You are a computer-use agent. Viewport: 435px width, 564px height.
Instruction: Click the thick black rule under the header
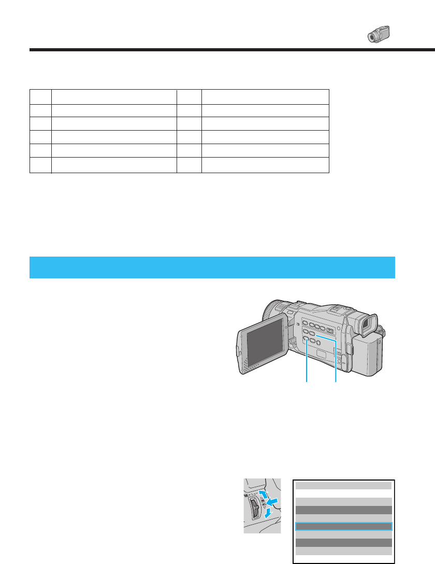point(232,50)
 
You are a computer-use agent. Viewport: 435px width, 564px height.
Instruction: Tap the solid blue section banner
point(212,267)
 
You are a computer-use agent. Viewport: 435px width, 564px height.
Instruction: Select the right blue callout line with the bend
point(337,363)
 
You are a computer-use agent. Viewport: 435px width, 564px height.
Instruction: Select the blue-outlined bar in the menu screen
point(343,526)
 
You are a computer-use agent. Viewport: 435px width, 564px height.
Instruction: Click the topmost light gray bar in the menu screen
point(343,486)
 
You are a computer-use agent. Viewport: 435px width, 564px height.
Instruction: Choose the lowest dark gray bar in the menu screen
point(343,542)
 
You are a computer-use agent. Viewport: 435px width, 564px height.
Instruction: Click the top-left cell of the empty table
point(40,97)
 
